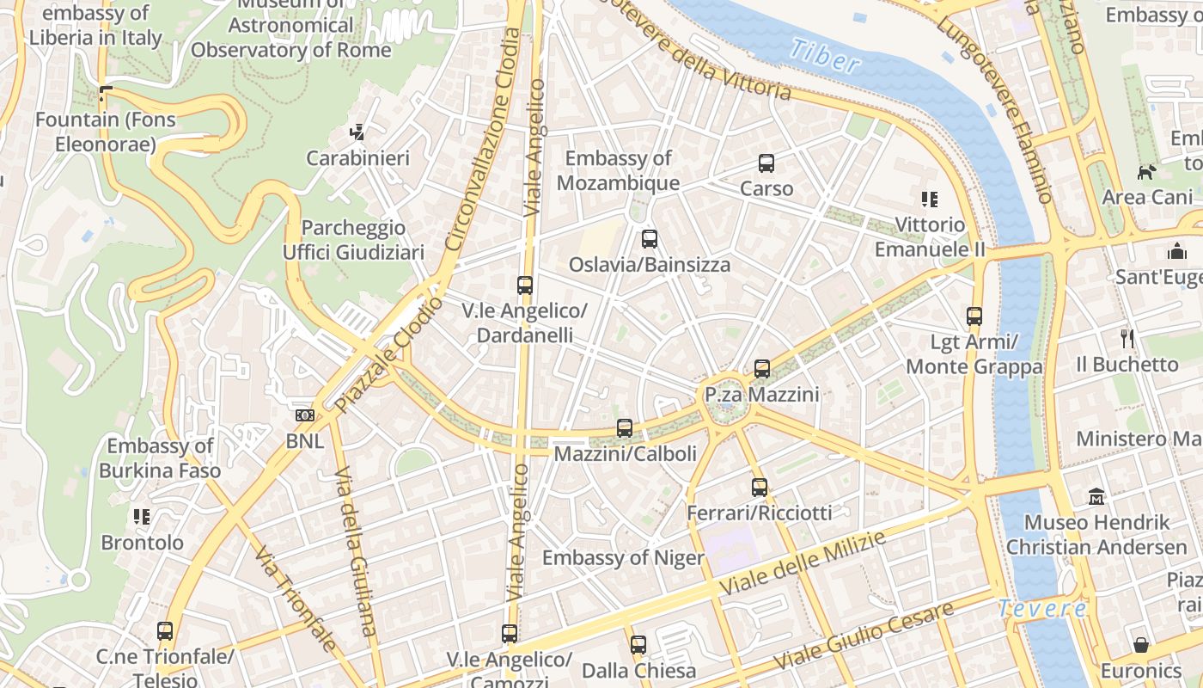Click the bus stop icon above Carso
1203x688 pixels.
(766, 163)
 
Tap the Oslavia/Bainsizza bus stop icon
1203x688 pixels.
(650, 239)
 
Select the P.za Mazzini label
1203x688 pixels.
(761, 395)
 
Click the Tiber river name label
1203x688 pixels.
(824, 56)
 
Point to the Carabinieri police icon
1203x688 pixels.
(357, 132)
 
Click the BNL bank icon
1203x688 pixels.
(304, 415)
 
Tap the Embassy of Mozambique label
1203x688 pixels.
(618, 170)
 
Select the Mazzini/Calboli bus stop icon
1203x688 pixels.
(625, 427)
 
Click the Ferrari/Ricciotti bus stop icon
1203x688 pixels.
(760, 488)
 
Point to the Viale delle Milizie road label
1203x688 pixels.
(803, 565)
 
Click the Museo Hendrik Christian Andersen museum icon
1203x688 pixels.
(1096, 496)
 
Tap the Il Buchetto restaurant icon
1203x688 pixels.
(1127, 339)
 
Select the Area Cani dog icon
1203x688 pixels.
(1146, 173)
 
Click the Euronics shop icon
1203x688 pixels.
(1141, 645)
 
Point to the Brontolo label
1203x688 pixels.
(143, 543)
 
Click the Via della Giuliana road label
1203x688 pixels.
(357, 550)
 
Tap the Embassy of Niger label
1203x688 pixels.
(623, 557)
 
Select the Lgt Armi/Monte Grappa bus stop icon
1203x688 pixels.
(974, 316)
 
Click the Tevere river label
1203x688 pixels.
(1042, 609)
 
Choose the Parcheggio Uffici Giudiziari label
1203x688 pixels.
(353, 240)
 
